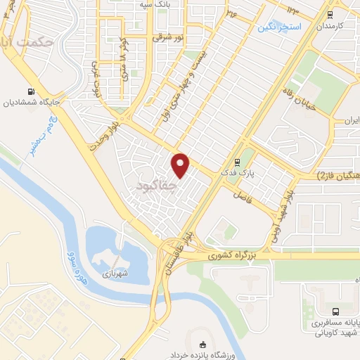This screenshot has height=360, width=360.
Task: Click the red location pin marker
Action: (x=181, y=165)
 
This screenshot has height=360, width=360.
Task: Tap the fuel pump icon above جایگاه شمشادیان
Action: (x=30, y=91)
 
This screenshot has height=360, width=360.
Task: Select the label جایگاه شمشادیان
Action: (x=30, y=103)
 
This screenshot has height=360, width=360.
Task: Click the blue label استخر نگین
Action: (x=278, y=27)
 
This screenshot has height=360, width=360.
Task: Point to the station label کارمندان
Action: (x=330, y=26)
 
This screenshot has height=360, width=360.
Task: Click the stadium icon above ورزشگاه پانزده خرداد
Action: (x=204, y=345)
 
